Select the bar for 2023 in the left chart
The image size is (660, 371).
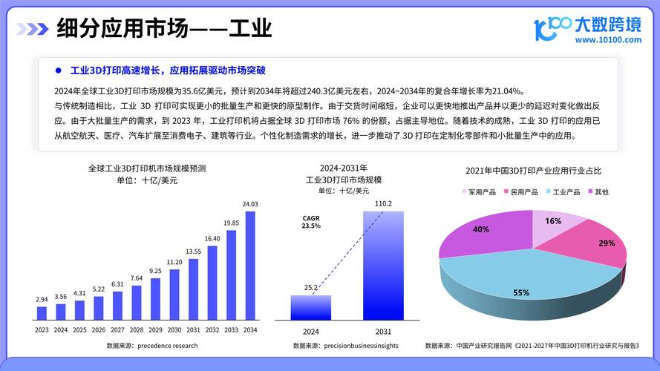(x=42, y=312)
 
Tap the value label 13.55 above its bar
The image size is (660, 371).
(x=194, y=252)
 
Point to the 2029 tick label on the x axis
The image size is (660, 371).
(x=155, y=330)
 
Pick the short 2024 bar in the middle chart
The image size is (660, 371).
(x=310, y=307)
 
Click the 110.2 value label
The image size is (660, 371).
(x=383, y=203)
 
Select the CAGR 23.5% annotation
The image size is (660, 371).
(x=311, y=222)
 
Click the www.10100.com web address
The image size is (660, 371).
(x=608, y=40)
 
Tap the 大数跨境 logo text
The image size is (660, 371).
(x=608, y=24)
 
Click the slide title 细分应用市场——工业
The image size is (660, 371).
(x=164, y=28)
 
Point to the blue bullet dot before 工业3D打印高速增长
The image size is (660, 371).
(x=58, y=70)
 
